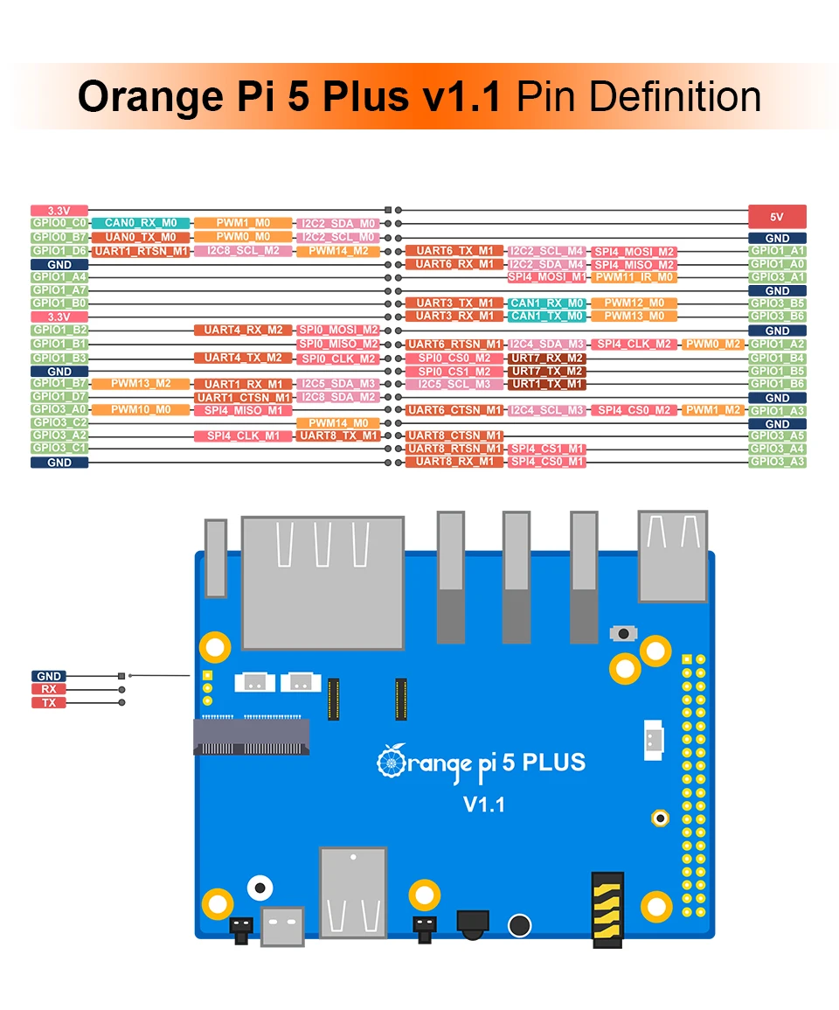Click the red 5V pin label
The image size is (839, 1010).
tap(777, 216)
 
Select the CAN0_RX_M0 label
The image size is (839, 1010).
tap(140, 224)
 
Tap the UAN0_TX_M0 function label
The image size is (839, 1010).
tap(140, 237)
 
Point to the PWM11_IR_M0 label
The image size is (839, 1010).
tap(634, 277)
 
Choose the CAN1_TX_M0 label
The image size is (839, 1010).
tap(546, 316)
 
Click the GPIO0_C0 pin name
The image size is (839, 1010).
tap(59, 224)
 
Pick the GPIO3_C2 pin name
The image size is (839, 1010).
tap(59, 422)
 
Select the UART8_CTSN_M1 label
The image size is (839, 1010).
tap(454, 435)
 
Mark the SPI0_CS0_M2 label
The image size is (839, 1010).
tap(454, 358)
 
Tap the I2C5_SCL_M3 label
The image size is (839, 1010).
tap(454, 384)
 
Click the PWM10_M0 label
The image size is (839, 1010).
tap(140, 409)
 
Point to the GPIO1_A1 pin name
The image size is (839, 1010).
tap(777, 251)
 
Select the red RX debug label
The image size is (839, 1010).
tap(49, 689)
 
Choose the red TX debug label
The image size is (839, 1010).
tap(49, 702)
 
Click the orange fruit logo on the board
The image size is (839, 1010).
tap(391, 760)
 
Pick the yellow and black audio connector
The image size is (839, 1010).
tap(607, 909)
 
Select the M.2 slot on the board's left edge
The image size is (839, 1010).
tap(251, 735)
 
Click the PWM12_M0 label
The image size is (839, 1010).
tap(634, 303)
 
